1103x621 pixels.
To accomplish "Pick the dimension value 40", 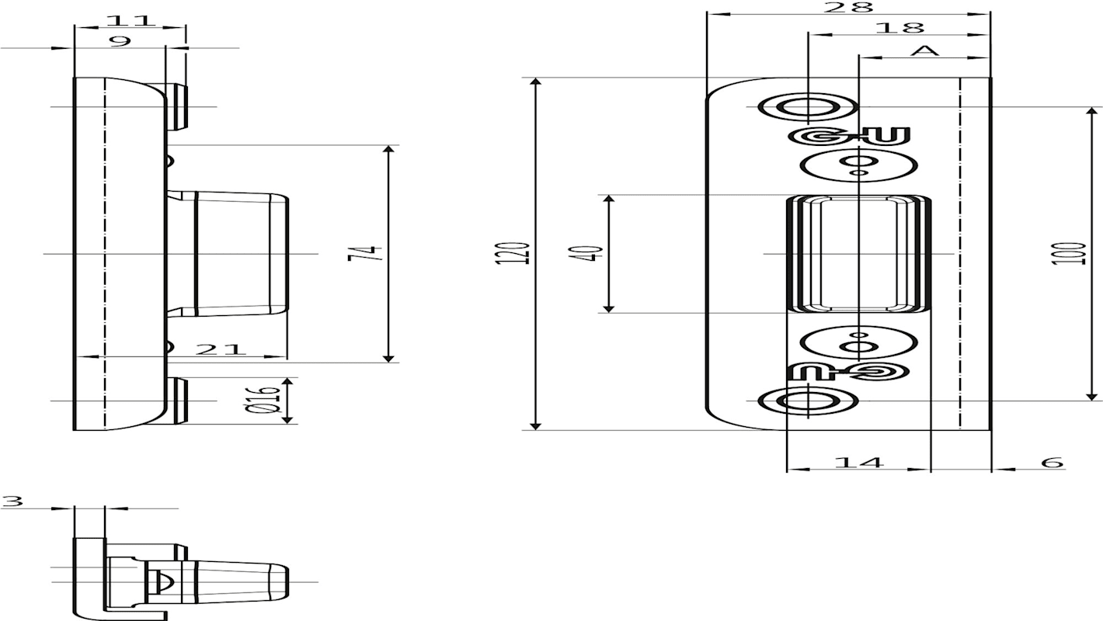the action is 593,253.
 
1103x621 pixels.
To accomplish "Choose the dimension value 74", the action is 365,253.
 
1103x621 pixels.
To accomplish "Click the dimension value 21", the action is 220,349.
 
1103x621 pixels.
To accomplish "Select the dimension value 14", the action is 859,462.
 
